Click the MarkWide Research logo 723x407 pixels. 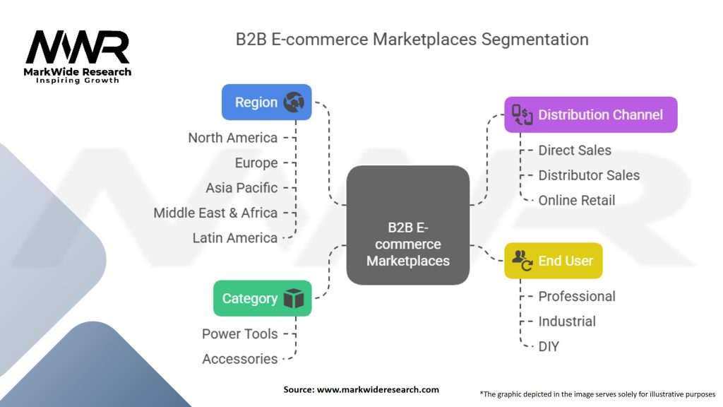[78, 55]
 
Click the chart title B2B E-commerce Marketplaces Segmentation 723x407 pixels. [412, 39]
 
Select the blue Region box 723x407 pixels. [266, 102]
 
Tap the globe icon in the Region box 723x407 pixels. [293, 102]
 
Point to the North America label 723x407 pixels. [232, 138]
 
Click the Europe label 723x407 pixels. [256, 163]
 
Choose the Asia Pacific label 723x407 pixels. [241, 188]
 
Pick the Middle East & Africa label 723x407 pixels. [215, 213]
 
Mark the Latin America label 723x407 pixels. [234, 238]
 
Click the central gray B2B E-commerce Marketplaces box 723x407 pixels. [408, 225]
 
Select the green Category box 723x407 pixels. [262, 298]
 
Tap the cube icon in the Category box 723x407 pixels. [293, 298]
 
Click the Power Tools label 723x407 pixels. [240, 334]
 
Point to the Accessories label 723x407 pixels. [240, 359]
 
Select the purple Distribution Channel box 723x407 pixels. [590, 114]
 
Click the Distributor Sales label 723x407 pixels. [589, 175]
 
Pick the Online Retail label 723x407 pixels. [576, 201]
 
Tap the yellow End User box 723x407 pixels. [553, 261]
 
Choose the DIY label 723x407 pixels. [549, 346]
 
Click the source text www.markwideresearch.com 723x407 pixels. [361, 389]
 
